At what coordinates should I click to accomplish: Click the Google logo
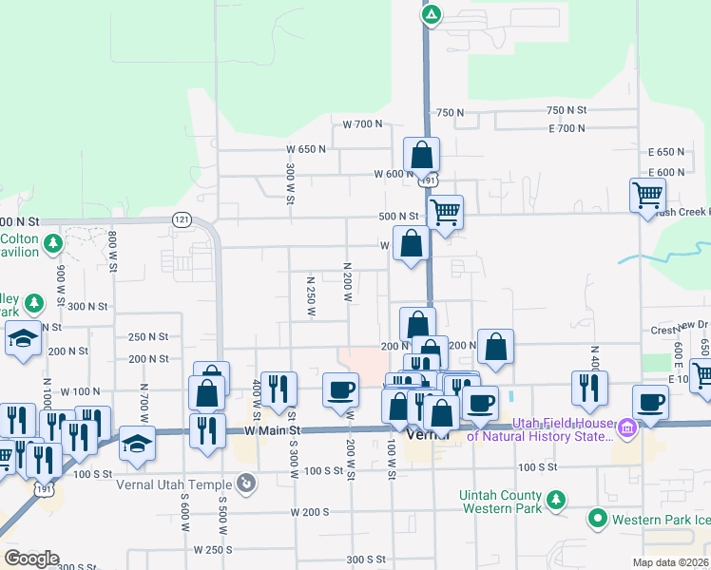pos(30,559)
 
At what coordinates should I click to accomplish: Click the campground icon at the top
pos(432,14)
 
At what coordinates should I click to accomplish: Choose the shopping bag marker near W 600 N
pos(421,155)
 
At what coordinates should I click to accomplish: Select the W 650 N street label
pos(306,149)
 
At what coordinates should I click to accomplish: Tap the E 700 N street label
pos(567,128)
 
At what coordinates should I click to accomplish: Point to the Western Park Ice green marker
pos(597,519)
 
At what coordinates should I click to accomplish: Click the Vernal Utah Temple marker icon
pos(246,483)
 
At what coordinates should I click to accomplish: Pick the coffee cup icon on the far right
pos(650,402)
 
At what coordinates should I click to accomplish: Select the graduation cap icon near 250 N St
pos(22,339)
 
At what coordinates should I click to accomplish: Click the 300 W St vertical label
pos(289,181)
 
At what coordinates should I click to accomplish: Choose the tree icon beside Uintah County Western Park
pos(556,498)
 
